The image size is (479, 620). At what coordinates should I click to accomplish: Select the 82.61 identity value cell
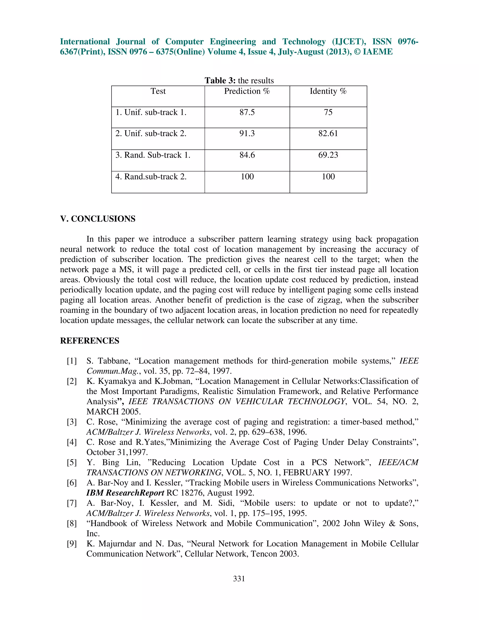[328, 133]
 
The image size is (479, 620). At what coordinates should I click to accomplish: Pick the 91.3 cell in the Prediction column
[247, 133]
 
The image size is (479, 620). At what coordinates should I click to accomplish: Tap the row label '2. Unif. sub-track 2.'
[151, 133]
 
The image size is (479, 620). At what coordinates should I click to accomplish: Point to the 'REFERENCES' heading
[90, 341]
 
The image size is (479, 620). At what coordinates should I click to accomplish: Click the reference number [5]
[72, 463]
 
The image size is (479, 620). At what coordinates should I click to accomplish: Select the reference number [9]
[72, 544]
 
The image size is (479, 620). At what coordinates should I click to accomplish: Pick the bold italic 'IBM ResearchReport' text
[125, 493]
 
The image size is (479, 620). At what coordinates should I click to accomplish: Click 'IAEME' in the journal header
[378, 52]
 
